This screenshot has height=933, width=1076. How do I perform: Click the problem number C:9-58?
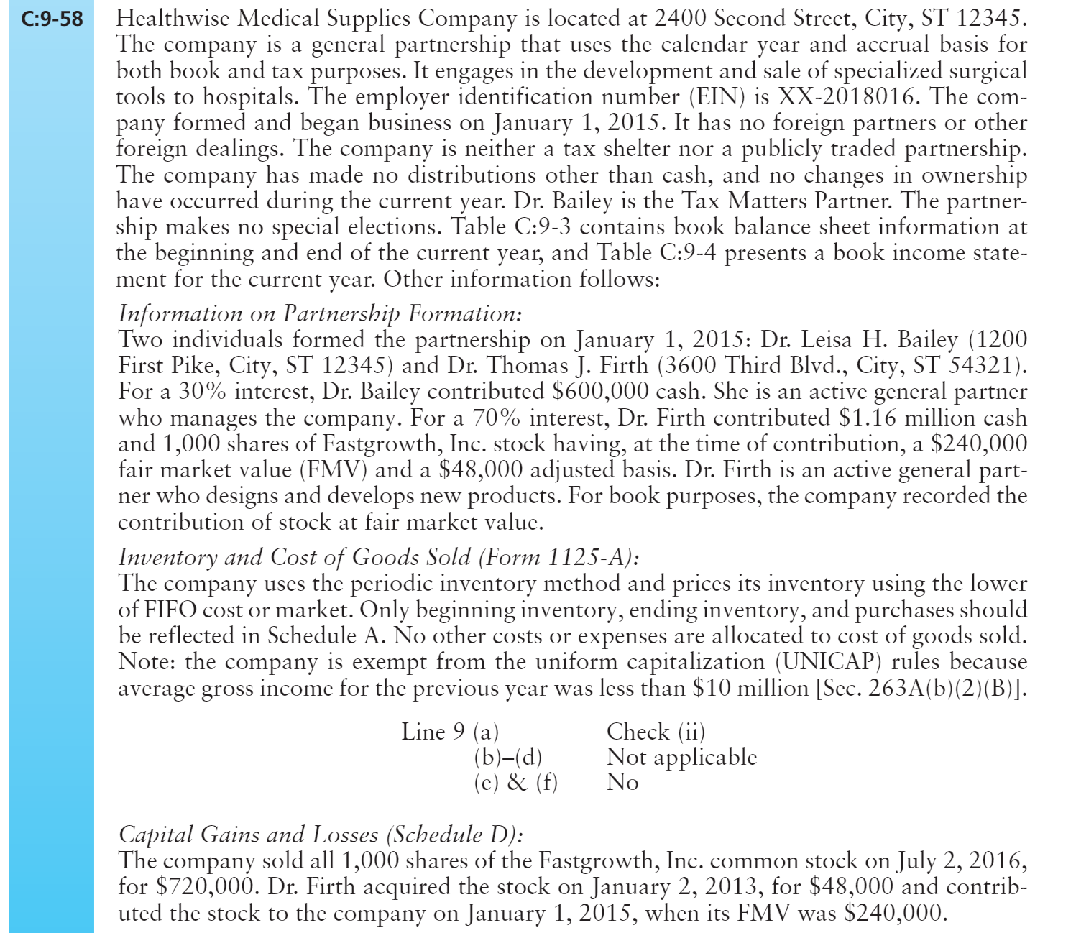coord(52,19)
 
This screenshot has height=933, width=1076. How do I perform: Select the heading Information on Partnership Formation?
coord(320,314)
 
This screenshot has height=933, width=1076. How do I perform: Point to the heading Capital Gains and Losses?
coord(320,835)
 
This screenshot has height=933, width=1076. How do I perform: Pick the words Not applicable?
coord(681,758)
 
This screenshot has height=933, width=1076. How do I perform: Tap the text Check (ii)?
coord(656,732)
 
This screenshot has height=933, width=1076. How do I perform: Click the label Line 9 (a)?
coord(450,732)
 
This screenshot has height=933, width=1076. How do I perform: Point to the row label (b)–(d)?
coord(507,758)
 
